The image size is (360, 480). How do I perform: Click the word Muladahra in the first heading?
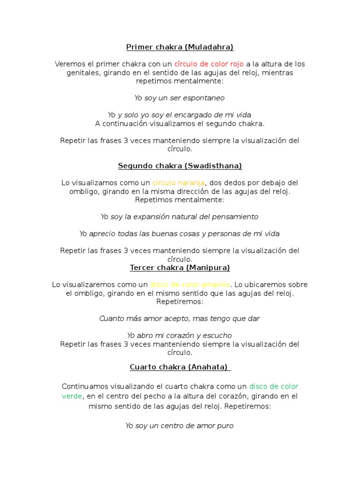point(210,47)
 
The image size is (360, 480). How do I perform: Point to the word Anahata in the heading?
point(209,367)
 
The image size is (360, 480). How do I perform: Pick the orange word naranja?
point(190,183)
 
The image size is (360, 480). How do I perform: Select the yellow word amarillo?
point(215,285)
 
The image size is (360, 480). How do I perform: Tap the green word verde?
point(72,396)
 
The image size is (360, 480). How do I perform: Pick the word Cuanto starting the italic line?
point(111,319)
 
